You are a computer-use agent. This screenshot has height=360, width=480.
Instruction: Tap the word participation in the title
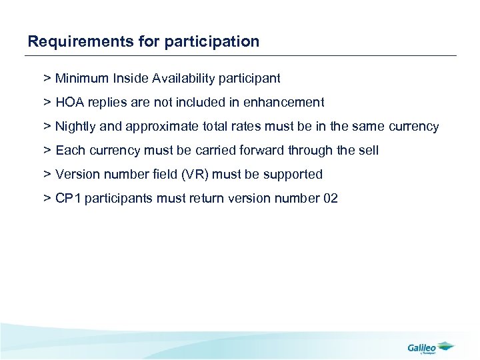213,42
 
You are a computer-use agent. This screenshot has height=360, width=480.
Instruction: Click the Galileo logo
430,347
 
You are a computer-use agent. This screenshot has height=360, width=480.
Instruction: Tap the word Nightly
75,127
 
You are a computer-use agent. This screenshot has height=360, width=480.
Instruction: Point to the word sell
368,151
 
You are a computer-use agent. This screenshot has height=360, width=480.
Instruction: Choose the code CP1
69,199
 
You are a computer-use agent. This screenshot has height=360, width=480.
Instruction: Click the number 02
330,199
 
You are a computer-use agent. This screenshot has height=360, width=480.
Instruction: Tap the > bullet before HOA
47,103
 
